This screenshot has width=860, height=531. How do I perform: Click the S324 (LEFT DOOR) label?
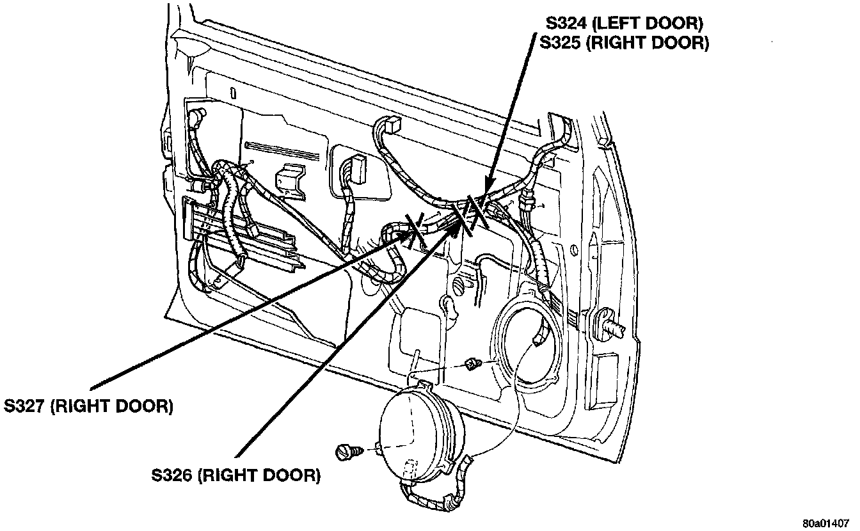(624, 24)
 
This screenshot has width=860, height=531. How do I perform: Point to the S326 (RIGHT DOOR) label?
(235, 475)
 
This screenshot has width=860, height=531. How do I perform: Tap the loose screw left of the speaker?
(347, 452)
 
